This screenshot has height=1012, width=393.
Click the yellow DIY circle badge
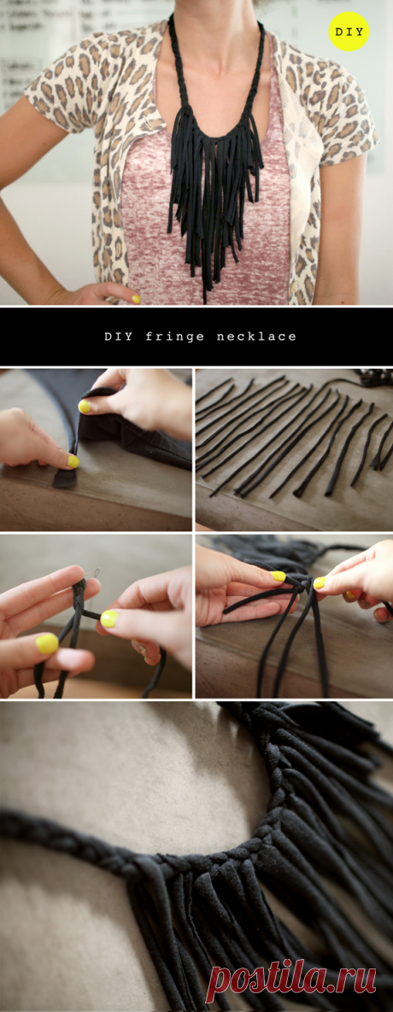349,31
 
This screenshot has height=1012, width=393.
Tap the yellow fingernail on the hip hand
136,299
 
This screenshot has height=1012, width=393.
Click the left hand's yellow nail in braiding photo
47,643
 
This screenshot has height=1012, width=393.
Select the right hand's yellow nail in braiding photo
109,619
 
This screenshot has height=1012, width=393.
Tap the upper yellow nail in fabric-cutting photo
85,407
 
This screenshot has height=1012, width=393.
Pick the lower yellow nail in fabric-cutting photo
73,461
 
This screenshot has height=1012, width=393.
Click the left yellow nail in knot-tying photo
279,576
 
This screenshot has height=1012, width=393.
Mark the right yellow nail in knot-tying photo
320,582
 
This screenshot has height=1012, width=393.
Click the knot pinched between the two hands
299,582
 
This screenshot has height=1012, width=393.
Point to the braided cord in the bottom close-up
129,851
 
